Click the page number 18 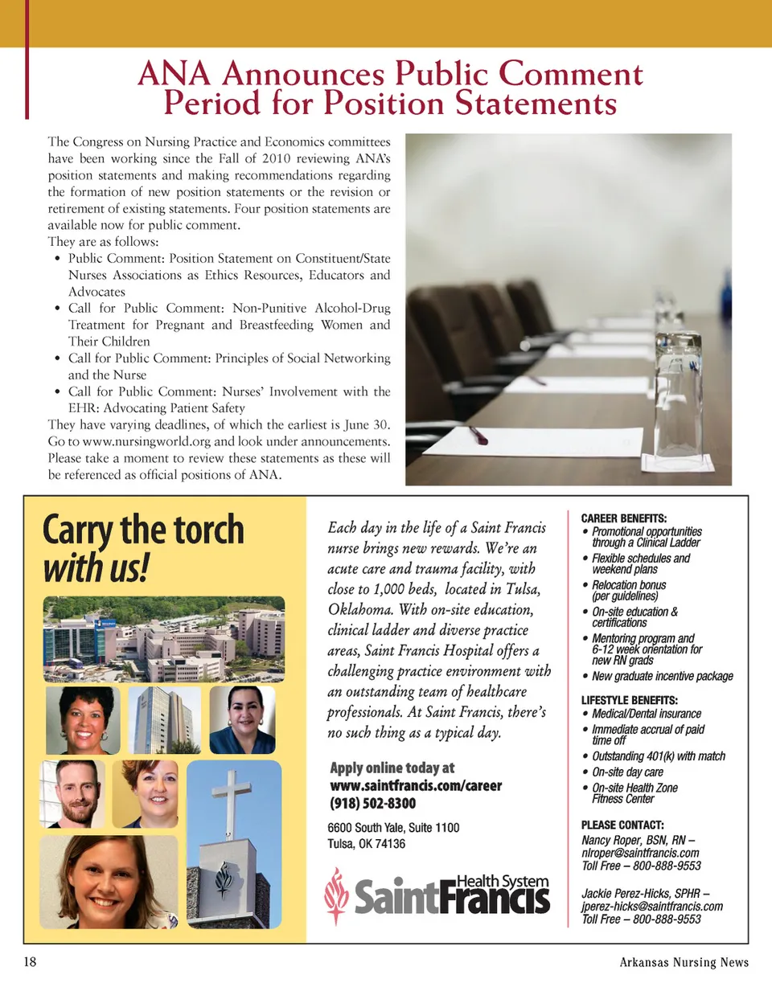(x=30, y=962)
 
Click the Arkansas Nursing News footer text (x=684, y=962)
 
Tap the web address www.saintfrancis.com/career (x=416, y=785)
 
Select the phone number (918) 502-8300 (x=373, y=803)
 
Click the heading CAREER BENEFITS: (x=624, y=518)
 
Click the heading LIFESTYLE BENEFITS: (x=630, y=700)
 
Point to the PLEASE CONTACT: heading (x=622, y=825)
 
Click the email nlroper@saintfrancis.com (x=640, y=853)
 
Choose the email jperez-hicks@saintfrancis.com (x=652, y=906)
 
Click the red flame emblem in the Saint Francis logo (x=336, y=895)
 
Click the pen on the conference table (x=478, y=436)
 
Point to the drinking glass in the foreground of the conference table (x=680, y=402)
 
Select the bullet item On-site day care (x=627, y=772)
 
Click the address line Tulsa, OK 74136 (x=367, y=843)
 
